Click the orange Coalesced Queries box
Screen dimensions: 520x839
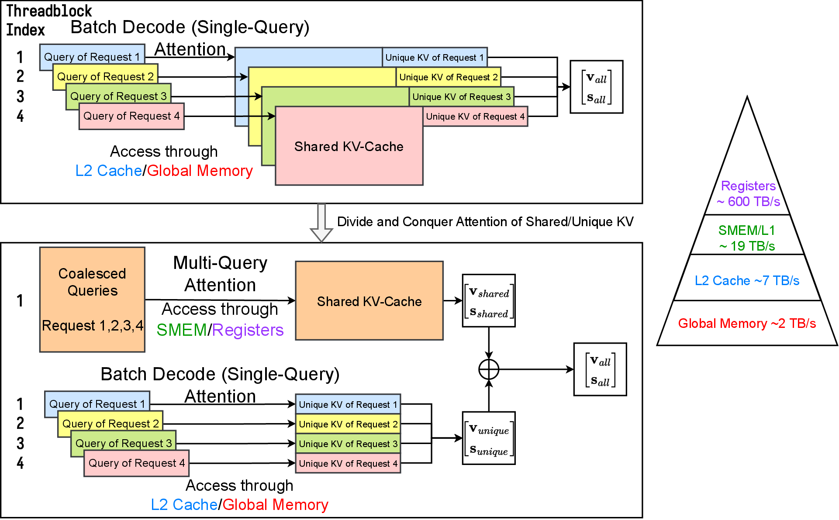(92, 300)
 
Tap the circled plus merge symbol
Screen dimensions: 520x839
(489, 369)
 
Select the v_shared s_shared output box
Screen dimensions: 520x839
(489, 301)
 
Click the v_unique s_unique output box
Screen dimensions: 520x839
(489, 438)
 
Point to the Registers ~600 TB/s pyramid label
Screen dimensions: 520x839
(748, 194)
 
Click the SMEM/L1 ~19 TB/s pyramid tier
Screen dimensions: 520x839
(747, 238)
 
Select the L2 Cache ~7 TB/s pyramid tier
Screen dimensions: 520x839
(747, 280)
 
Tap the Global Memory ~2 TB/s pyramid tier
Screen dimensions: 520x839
(747, 323)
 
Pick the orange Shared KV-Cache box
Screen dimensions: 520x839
(369, 301)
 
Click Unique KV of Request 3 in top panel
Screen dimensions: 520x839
(461, 97)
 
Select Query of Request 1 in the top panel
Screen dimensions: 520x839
(92, 57)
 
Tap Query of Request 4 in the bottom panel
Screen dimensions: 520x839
(137, 463)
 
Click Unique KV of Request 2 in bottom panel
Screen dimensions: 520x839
(348, 424)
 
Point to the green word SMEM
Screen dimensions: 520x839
(182, 330)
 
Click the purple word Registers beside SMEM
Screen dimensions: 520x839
(248, 330)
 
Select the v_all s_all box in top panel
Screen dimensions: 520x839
(596, 87)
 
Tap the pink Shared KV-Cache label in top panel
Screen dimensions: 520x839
(349, 146)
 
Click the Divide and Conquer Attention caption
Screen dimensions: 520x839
(485, 222)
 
